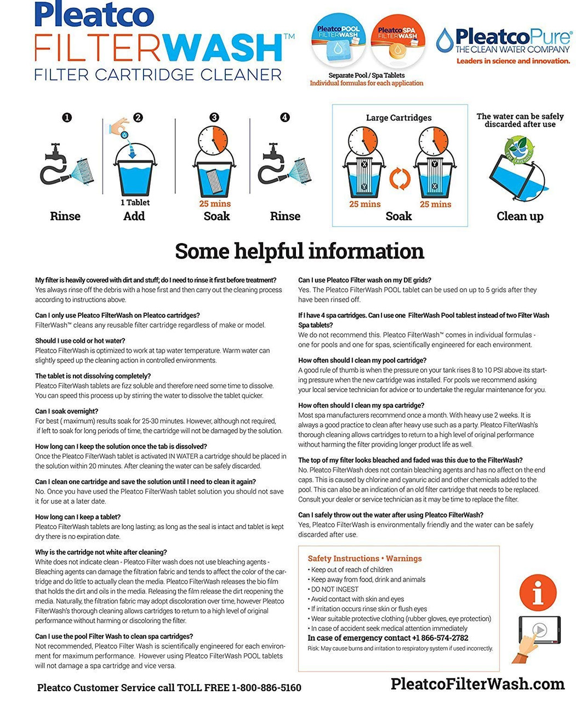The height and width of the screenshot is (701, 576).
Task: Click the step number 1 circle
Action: click(67, 117)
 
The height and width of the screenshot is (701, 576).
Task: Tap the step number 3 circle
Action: click(214, 117)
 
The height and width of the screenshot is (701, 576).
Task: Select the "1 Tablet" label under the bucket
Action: click(135, 203)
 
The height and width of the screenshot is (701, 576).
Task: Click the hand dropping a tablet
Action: click(119, 127)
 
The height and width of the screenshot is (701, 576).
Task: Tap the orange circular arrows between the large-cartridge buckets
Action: click(400, 179)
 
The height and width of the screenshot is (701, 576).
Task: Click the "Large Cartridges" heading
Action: click(398, 118)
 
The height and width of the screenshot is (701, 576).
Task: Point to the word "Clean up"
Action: click(520, 216)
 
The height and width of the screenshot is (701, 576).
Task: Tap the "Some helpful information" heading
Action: click(299, 251)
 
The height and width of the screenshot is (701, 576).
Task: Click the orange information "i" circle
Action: click(538, 592)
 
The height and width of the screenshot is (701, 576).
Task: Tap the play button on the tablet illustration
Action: click(540, 630)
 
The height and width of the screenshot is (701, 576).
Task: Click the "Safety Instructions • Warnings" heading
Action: click(364, 559)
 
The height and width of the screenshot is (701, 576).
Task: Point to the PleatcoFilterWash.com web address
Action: click(477, 683)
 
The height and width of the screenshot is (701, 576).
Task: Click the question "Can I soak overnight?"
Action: click(67, 411)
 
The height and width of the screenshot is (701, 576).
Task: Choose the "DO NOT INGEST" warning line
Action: click(334, 589)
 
